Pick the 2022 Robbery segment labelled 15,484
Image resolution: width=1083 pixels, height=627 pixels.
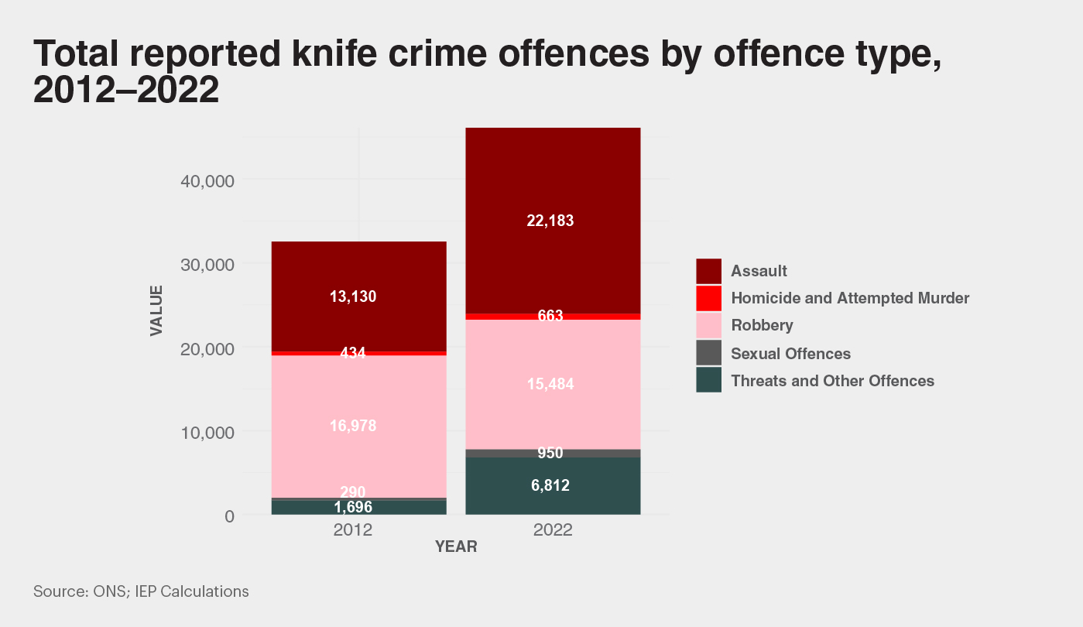pyautogui.click(x=553, y=410)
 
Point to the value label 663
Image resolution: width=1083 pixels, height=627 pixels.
pyautogui.click(x=550, y=316)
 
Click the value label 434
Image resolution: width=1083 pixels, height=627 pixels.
pyautogui.click(x=353, y=353)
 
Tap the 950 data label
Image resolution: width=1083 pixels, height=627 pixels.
pyautogui.click(x=550, y=453)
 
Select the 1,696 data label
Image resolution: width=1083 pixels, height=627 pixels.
pyautogui.click(x=353, y=508)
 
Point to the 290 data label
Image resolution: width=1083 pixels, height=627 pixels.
pyautogui.click(x=353, y=492)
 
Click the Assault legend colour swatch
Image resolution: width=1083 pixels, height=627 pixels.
pyautogui.click(x=708, y=271)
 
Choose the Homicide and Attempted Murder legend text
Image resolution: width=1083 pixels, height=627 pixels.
pyautogui.click(x=850, y=298)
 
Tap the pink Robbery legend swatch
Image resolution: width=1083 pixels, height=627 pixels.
pyautogui.click(x=708, y=326)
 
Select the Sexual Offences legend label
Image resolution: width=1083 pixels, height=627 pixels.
pyautogui.click(x=790, y=354)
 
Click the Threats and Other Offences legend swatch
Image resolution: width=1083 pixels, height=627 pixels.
pyautogui.click(x=708, y=381)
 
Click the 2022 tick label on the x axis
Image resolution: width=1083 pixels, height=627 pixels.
pyautogui.click(x=553, y=531)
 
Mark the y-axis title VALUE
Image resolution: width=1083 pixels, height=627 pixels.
pyautogui.click(x=156, y=310)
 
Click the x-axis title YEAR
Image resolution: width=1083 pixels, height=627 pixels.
pyautogui.click(x=456, y=547)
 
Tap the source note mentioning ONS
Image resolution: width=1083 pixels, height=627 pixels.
pyautogui.click(x=141, y=592)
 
